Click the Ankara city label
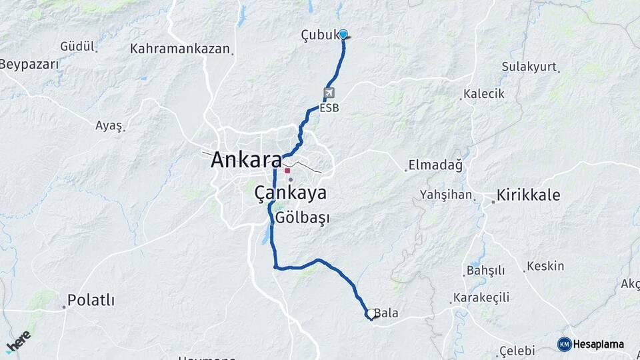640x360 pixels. (x=246, y=161)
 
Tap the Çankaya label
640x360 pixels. (x=291, y=193)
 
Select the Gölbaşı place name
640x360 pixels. (x=303, y=218)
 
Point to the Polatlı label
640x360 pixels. (x=92, y=300)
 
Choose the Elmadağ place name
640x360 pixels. (x=435, y=165)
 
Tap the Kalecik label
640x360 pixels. (x=484, y=94)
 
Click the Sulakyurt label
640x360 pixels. (x=530, y=67)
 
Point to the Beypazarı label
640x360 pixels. (x=29, y=65)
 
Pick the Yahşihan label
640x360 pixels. (x=446, y=195)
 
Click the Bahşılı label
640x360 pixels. (x=486, y=271)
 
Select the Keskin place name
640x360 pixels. (x=545, y=266)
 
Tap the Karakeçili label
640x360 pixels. (x=481, y=297)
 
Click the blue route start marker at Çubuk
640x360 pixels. (x=343, y=34)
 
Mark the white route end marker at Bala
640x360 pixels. (x=371, y=313)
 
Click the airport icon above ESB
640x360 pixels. (x=329, y=93)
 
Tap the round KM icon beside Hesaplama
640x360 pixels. (x=564, y=344)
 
